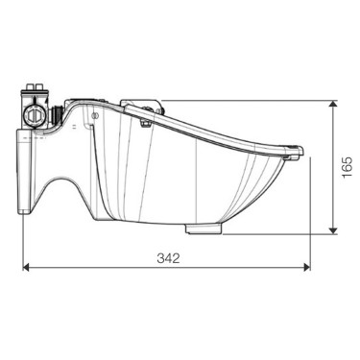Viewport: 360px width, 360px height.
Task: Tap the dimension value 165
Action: pos(347,166)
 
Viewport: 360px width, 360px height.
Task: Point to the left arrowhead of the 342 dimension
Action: pos(26,268)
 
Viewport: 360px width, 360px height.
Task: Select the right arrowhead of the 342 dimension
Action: pos(305,268)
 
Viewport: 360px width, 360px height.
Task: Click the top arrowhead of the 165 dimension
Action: pos(332,102)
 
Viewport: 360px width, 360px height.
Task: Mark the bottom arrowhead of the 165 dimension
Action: pos(332,231)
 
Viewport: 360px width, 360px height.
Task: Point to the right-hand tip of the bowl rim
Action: pos(302,151)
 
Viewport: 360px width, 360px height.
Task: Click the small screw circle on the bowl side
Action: pos(96,115)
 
